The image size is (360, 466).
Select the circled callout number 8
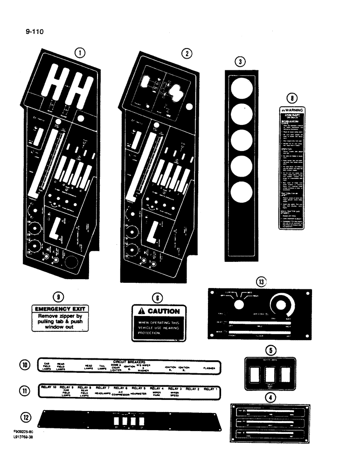[x=291, y=98]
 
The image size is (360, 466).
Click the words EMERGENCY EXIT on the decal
[x=60, y=308]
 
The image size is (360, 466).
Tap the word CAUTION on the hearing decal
[x=163, y=311]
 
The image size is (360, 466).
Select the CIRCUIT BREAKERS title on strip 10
[x=129, y=361]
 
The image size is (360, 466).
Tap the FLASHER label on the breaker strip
[x=208, y=368]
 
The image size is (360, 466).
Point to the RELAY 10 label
[x=48, y=388]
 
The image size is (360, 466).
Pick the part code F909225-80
[x=23, y=432]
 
